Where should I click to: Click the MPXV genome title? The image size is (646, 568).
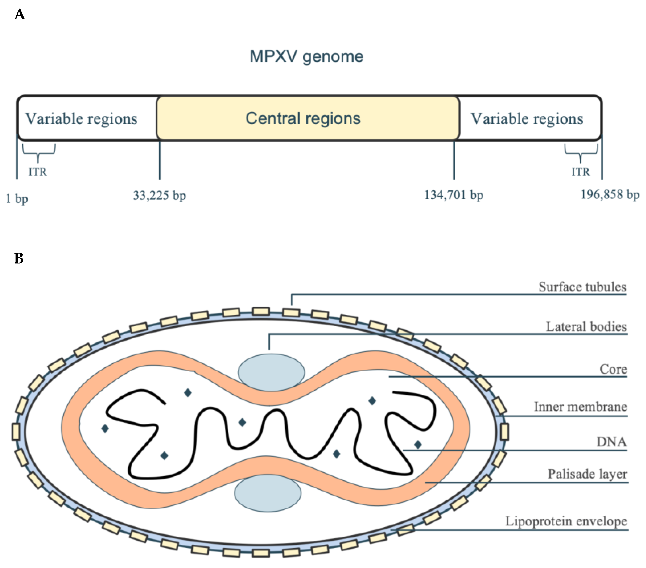click(306, 57)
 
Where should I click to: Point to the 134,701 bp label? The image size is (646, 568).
click(454, 195)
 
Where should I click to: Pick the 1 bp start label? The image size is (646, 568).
click(17, 199)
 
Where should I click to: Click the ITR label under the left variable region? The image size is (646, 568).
click(38, 172)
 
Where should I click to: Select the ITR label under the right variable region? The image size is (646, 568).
click(581, 172)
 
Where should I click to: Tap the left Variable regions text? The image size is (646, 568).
click(81, 119)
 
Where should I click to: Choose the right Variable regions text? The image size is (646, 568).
click(527, 119)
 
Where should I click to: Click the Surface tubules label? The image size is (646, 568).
click(582, 287)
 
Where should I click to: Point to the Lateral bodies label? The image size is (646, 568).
click(586, 327)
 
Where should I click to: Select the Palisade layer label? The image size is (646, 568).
click(587, 474)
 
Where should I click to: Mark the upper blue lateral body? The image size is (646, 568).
click(271, 372)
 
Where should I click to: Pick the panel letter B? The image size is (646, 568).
click(19, 259)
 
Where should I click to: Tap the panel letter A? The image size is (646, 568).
click(20, 15)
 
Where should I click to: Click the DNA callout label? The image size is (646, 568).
click(611, 442)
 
